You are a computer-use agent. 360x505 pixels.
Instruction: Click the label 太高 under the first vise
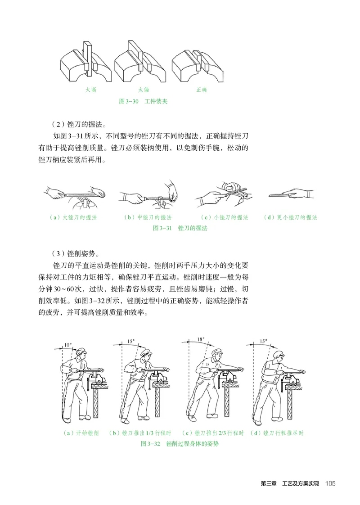(91, 90)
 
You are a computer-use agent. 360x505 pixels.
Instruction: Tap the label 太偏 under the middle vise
(144, 90)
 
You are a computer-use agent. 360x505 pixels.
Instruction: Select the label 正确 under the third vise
(202, 90)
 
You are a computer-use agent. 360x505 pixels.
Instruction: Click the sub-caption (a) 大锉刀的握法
(74, 217)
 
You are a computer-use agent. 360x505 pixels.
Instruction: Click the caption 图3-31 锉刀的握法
(180, 228)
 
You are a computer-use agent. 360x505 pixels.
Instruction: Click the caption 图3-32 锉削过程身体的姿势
(180, 444)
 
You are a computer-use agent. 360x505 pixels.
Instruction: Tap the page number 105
(330, 483)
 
